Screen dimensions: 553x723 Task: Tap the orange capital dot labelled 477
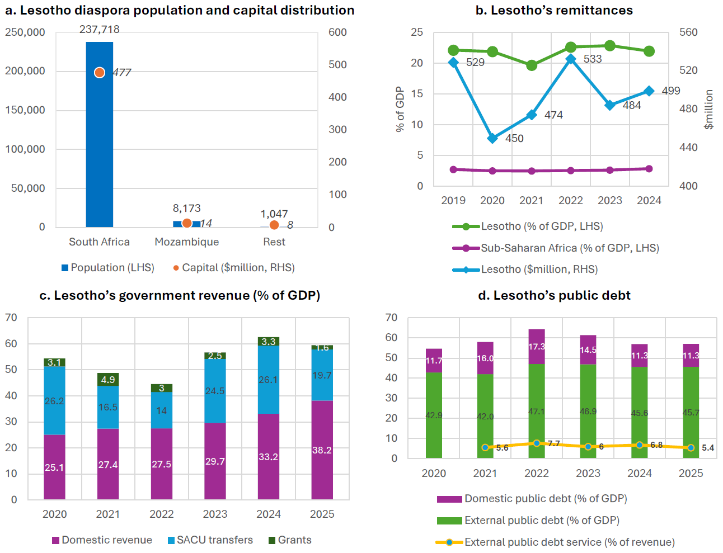click(100, 73)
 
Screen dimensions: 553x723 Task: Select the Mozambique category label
click(186, 242)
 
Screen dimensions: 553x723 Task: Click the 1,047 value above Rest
click(274, 214)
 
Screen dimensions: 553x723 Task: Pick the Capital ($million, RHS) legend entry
click(234, 268)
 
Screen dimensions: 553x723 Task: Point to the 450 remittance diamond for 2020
click(492, 138)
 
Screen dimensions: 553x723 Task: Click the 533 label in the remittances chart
click(593, 59)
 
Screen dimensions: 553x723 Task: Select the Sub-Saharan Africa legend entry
click(556, 248)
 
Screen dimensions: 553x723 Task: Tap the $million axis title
click(709, 110)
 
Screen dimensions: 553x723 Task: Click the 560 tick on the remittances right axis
click(688, 32)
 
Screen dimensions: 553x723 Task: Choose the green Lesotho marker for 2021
click(532, 65)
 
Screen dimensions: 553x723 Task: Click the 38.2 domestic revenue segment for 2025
click(322, 450)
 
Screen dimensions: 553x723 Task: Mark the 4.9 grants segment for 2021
click(108, 380)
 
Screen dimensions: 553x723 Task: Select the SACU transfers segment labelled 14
click(162, 410)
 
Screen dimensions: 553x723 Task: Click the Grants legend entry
click(290, 540)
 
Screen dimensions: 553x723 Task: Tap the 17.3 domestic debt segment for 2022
click(537, 347)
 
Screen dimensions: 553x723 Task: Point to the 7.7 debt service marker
click(537, 443)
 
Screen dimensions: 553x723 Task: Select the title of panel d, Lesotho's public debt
click(554, 295)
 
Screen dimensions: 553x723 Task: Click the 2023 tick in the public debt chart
click(588, 473)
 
